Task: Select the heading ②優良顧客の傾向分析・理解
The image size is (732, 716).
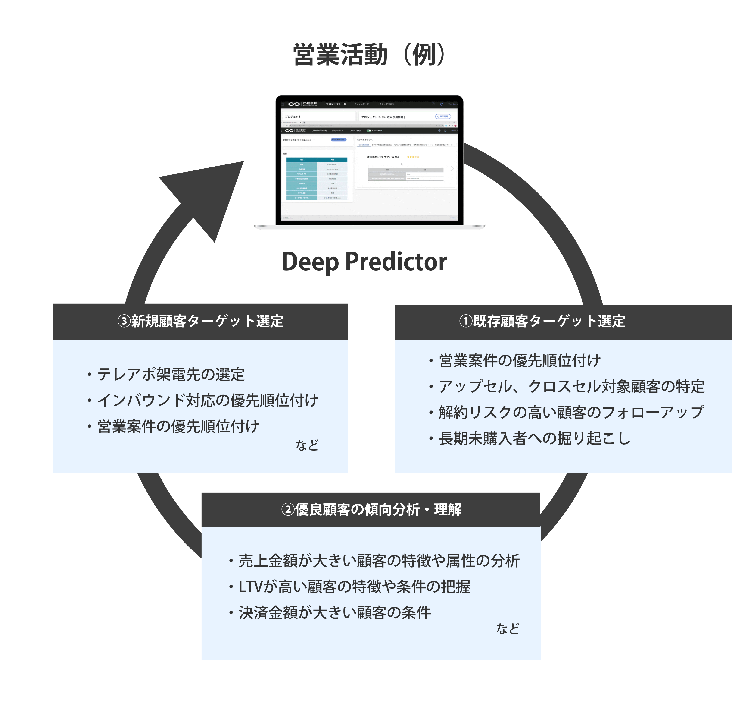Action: [371, 510]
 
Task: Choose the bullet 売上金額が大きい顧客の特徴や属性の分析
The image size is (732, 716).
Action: [379, 561]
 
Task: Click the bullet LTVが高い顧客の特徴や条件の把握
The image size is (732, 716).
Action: [354, 587]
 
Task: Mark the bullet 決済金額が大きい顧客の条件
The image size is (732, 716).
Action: [334, 613]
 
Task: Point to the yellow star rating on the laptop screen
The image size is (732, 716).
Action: [413, 157]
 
